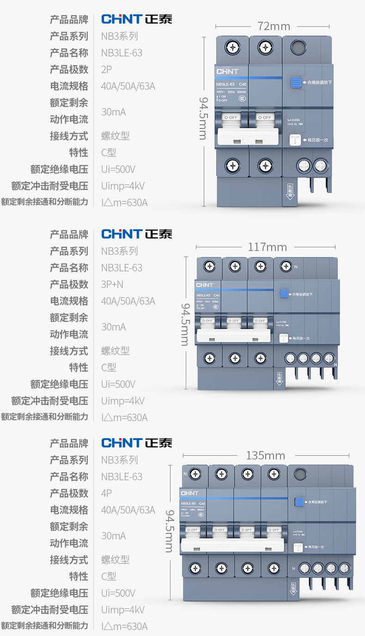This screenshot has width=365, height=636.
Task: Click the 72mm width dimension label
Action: tap(274, 26)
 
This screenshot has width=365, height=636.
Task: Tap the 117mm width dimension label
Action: tap(267, 247)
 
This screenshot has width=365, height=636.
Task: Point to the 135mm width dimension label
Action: tap(265, 456)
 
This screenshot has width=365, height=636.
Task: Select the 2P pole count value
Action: tap(107, 69)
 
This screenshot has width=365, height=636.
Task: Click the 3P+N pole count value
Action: tap(112, 284)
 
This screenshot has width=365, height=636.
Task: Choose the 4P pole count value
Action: tap(107, 493)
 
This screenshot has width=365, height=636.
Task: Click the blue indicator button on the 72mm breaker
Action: tap(296, 83)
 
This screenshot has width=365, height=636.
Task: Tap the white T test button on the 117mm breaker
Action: tap(284, 338)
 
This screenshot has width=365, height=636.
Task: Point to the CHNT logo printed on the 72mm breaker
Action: tap(227, 72)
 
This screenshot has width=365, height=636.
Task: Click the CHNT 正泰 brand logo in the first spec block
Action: tap(137, 19)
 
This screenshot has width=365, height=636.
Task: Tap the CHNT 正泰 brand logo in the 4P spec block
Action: tap(137, 443)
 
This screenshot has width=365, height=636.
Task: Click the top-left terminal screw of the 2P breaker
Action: tap(232, 47)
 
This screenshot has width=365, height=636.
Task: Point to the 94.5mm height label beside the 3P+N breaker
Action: tap(185, 324)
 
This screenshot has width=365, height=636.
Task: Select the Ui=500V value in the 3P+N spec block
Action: tap(118, 384)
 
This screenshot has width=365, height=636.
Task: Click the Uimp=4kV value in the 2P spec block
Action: tap(123, 186)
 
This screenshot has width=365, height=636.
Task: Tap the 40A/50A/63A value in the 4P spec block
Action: tap(128, 510)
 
